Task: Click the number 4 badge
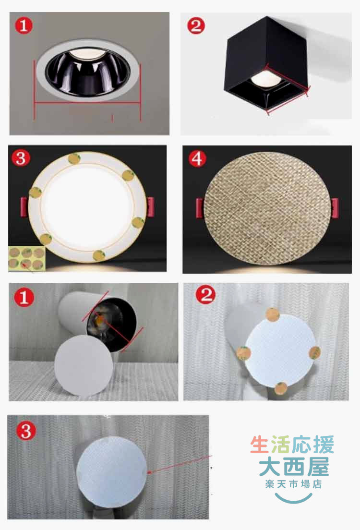(197, 158)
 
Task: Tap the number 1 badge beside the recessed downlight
(24, 25)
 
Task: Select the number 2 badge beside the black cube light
(196, 25)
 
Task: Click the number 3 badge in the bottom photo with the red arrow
(26, 431)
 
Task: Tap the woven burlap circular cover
(267, 208)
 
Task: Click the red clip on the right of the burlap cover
(335, 208)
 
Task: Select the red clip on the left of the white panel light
(24, 207)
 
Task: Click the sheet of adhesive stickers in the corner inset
(27, 259)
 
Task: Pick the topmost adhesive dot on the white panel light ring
(74, 158)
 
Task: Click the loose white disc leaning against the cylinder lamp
(84, 366)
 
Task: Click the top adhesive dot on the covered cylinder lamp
(273, 314)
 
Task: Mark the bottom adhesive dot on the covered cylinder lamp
(281, 388)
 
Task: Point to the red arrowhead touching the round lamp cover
(149, 472)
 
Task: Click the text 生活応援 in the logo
(292, 445)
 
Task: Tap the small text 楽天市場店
(293, 484)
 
